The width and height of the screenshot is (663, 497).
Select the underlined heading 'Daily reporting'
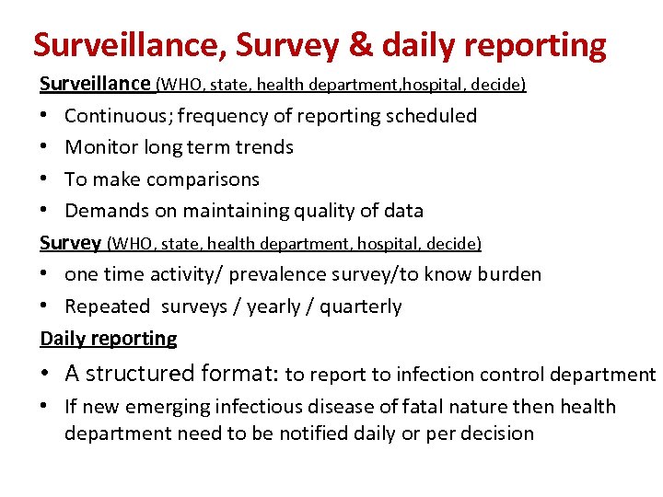(x=109, y=339)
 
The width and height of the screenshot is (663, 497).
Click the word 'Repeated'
(x=107, y=306)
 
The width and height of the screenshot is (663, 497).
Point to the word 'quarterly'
(x=361, y=306)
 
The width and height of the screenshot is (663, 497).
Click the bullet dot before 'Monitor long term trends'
(x=45, y=147)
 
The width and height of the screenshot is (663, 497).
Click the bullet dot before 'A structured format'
(x=45, y=374)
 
